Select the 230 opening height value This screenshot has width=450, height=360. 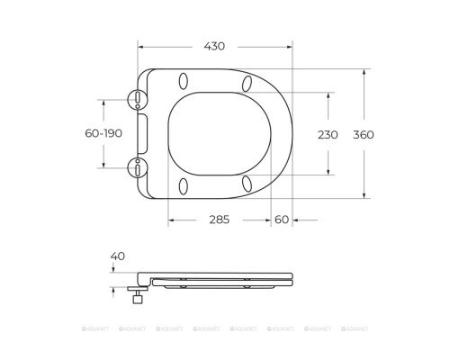coord(327,135)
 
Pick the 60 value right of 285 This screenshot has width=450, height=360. coord(282,219)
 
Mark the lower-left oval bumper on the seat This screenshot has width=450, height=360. coord(184,185)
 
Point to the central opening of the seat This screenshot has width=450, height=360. coord(218,133)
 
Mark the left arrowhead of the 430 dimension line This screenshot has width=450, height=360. coord(141,46)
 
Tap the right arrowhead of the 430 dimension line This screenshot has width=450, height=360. coord(292,46)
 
